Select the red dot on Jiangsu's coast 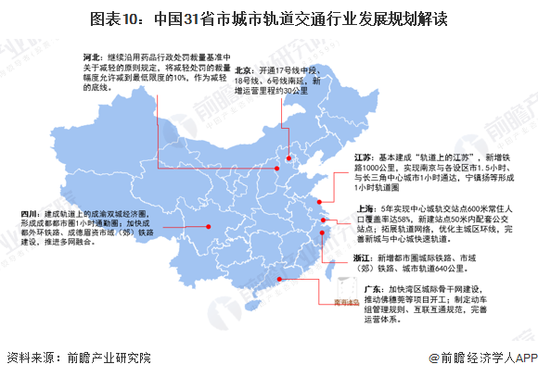317,203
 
